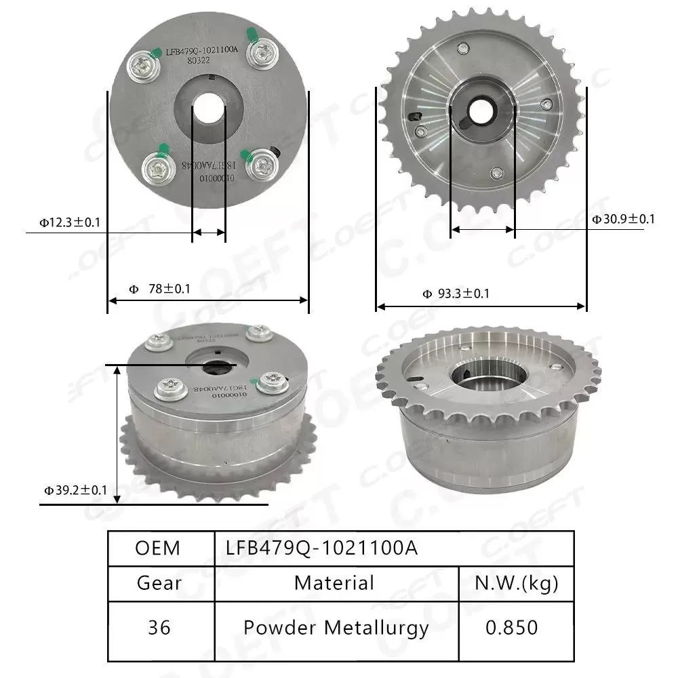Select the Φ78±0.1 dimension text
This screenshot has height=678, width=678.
[159, 288]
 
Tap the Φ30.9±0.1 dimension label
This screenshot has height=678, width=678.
[622, 219]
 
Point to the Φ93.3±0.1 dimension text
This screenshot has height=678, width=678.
[456, 294]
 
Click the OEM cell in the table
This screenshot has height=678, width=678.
[158, 548]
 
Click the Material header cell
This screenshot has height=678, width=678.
[334, 582]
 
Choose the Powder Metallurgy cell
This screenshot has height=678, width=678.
[336, 627]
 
